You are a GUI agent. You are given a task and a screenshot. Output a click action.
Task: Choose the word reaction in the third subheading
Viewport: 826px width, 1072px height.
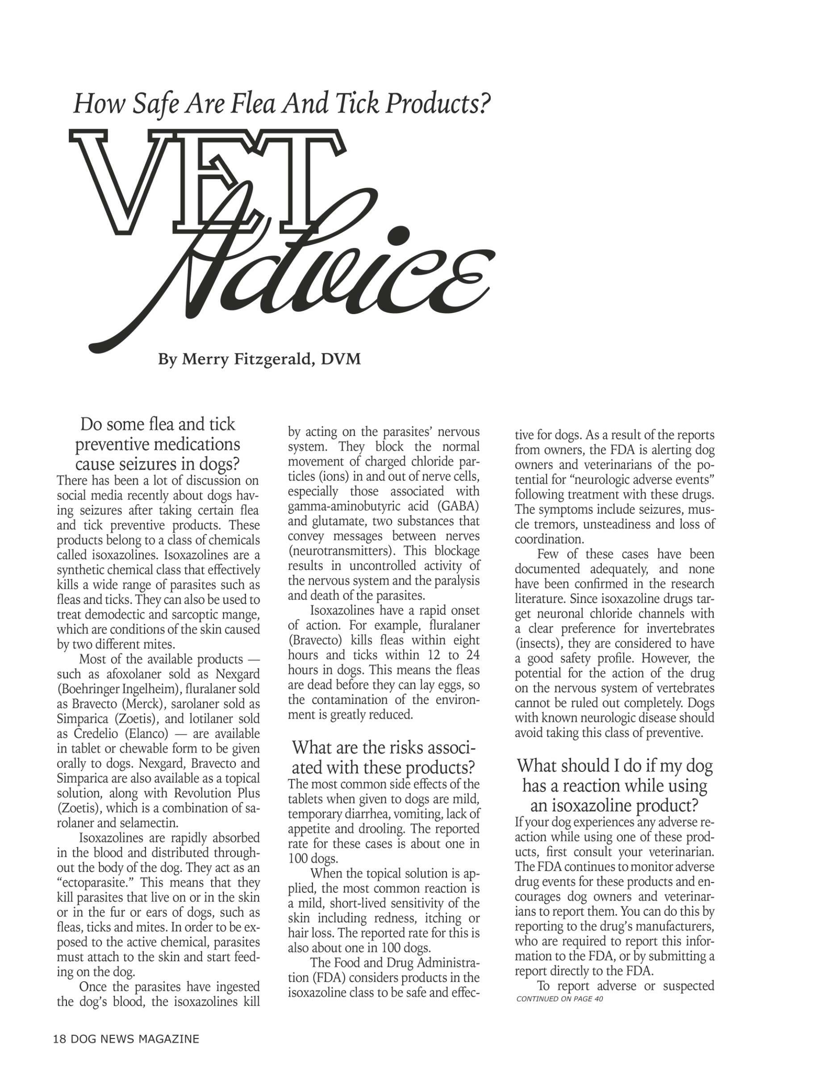591,786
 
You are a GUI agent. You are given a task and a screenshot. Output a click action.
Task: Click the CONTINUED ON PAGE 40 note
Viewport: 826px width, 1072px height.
559,999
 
